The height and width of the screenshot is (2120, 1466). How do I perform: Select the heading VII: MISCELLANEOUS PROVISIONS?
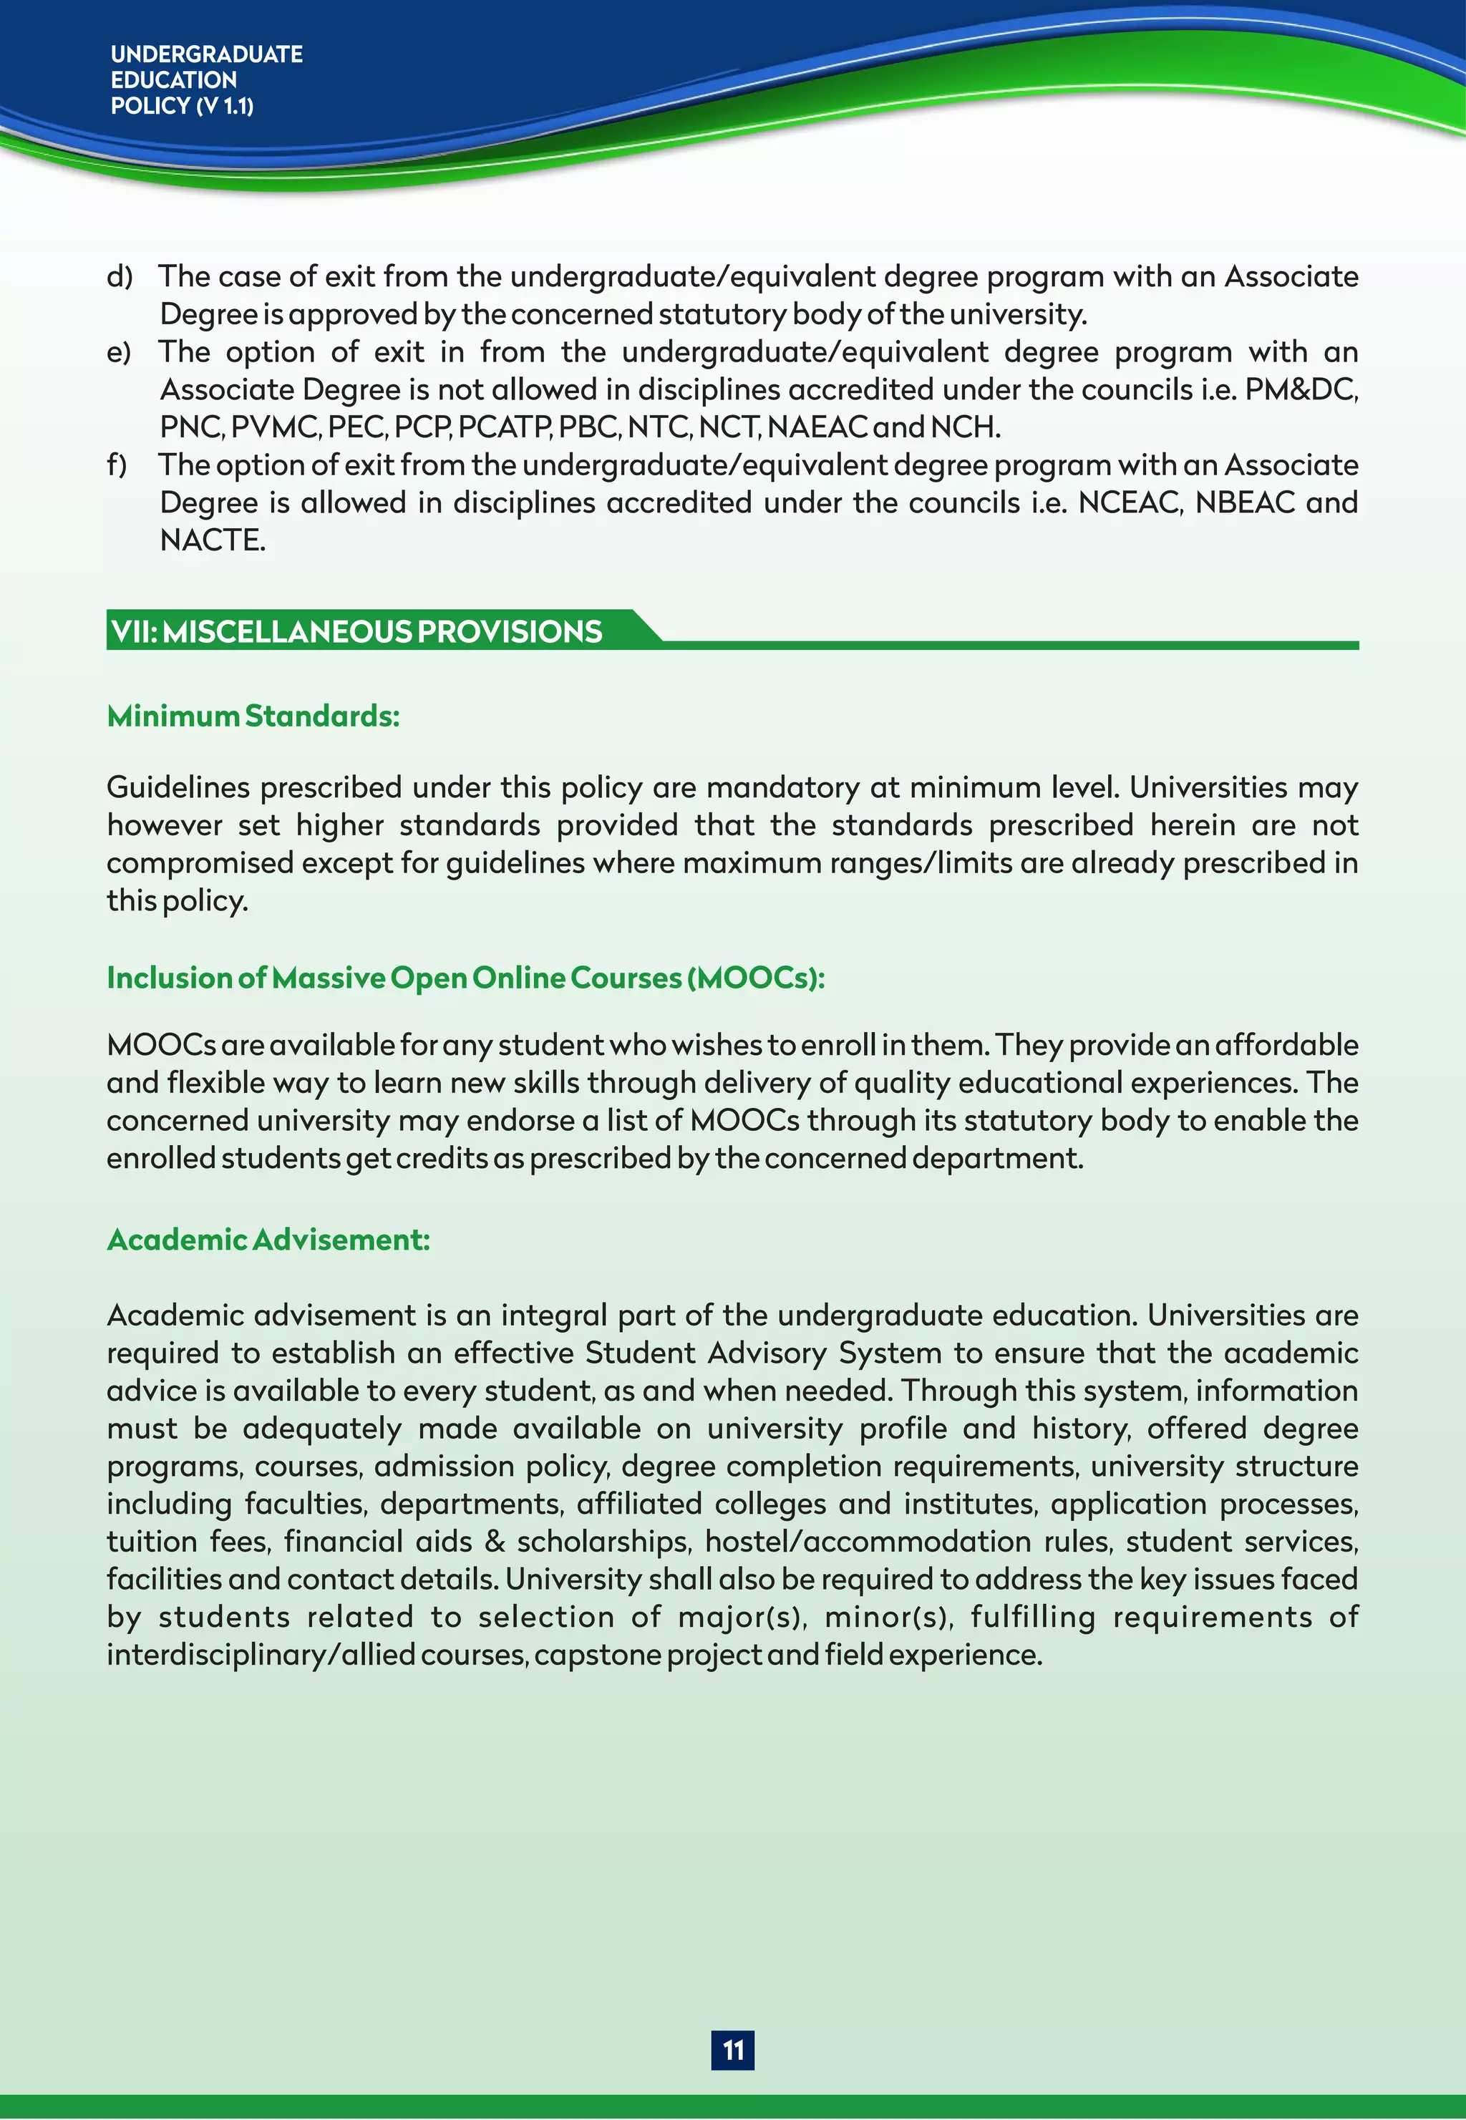(356, 632)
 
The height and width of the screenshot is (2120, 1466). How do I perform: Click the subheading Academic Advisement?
(268, 1240)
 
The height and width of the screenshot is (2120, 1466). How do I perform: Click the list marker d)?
(120, 276)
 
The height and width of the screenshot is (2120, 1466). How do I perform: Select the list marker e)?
(120, 351)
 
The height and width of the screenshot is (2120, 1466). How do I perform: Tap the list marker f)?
(117, 465)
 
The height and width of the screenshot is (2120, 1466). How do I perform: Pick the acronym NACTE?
(212, 540)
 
